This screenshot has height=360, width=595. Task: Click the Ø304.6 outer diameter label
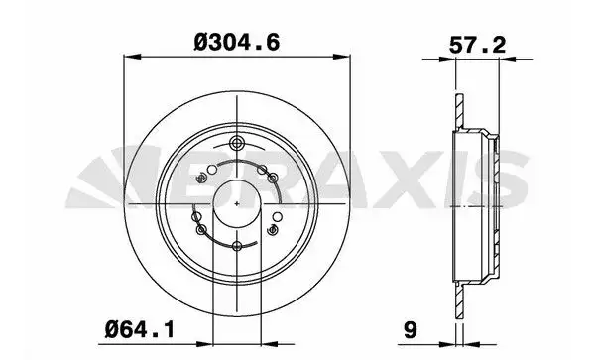pyautogui.click(x=237, y=42)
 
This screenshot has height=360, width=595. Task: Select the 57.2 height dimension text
pyautogui.click(x=477, y=46)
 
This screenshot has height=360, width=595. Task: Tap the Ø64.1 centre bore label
pyautogui.click(x=140, y=329)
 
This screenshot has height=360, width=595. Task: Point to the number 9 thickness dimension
pyautogui.click(x=411, y=329)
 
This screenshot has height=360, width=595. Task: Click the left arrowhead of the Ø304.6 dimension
pyautogui.click(x=133, y=57)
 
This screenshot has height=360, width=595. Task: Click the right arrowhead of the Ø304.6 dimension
pyautogui.click(x=342, y=57)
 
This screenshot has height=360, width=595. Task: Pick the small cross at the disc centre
pyautogui.click(x=237, y=203)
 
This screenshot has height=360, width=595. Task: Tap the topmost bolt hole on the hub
pyautogui.click(x=238, y=144)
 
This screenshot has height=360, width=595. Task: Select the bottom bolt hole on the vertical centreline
pyautogui.click(x=237, y=246)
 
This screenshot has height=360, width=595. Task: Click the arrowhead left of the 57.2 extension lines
pyautogui.click(x=447, y=60)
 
